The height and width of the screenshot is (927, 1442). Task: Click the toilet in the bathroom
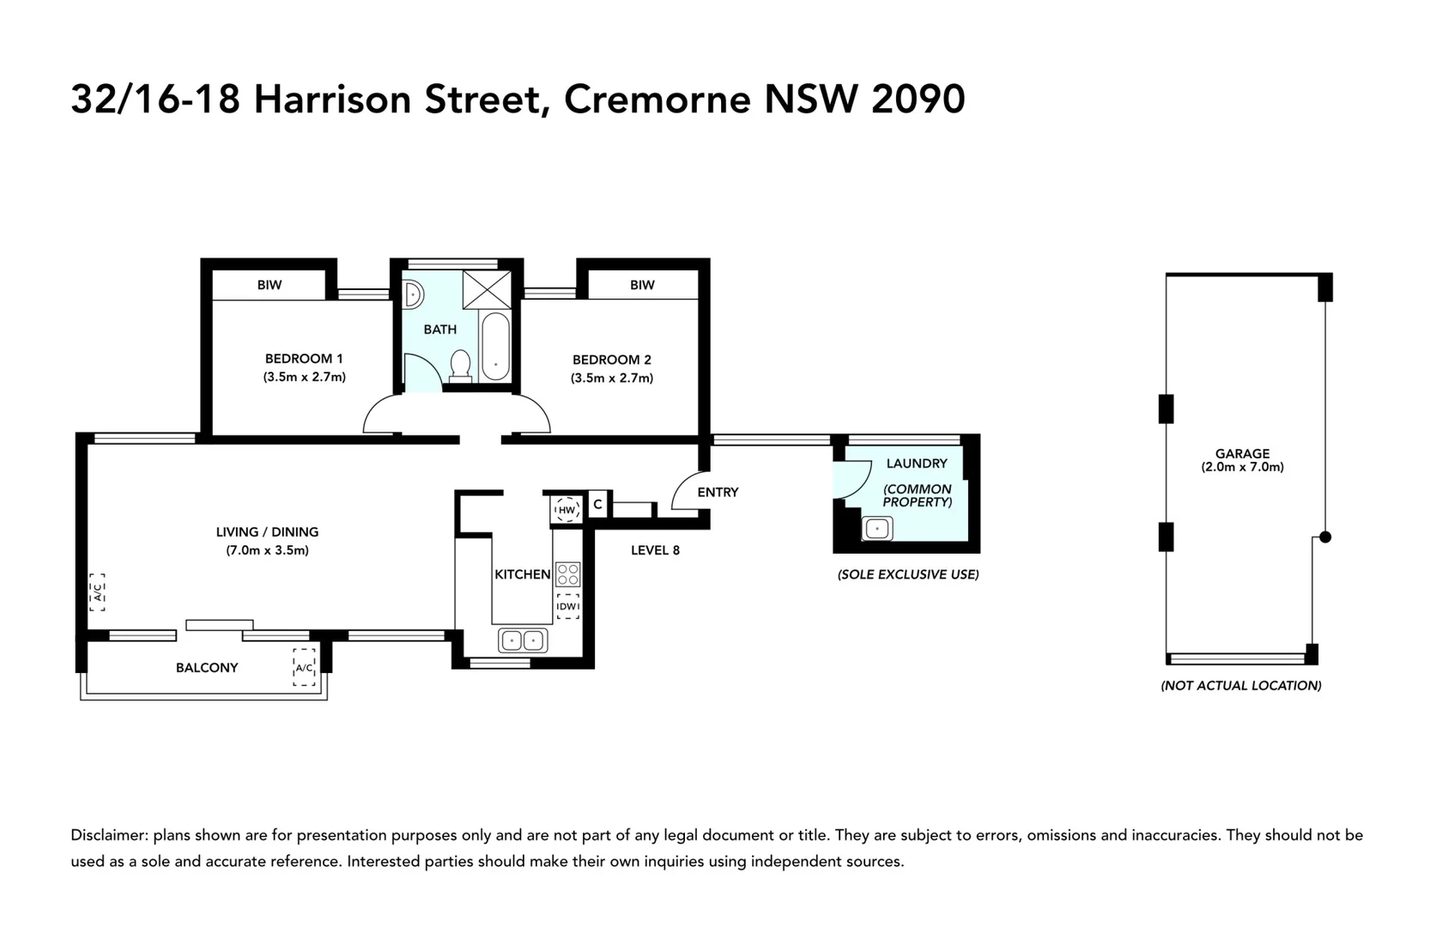(x=461, y=365)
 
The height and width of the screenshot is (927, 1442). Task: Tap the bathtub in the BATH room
(x=495, y=346)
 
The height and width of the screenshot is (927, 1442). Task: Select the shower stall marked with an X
(x=487, y=289)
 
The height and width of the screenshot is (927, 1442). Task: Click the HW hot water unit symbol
(x=566, y=509)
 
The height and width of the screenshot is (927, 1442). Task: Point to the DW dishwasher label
(x=567, y=606)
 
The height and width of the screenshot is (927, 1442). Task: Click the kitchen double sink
(x=523, y=640)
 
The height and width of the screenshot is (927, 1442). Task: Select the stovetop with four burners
(x=568, y=573)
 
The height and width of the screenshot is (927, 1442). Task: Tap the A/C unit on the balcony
(x=304, y=667)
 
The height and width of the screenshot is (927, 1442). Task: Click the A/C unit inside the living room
(x=98, y=592)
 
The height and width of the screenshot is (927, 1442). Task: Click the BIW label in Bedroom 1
(x=270, y=285)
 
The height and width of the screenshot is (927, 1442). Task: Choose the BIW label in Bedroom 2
(x=642, y=285)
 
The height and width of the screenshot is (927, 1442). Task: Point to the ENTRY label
(x=718, y=492)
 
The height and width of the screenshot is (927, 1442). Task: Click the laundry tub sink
(x=877, y=529)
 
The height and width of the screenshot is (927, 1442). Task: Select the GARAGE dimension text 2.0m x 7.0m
(x=1242, y=467)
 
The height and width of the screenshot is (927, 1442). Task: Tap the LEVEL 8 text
(x=655, y=550)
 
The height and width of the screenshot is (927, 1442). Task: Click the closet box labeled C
(x=598, y=505)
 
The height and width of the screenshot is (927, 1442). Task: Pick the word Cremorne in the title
(x=657, y=100)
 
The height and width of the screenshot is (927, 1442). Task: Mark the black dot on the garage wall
(x=1325, y=537)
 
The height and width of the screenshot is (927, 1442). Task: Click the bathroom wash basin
(x=413, y=294)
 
